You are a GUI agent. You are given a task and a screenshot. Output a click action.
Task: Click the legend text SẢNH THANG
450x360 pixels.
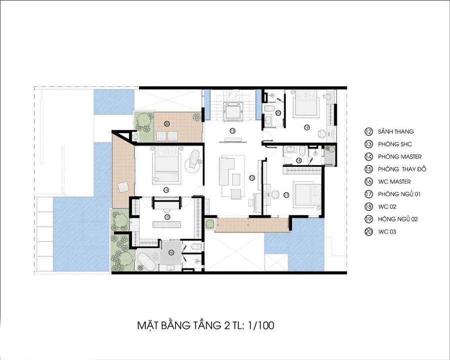pyautogui.click(x=396, y=132)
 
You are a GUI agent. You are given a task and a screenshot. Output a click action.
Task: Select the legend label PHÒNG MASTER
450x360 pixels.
pyautogui.click(x=400, y=156)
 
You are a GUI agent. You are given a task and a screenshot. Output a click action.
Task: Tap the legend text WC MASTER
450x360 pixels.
pyautogui.click(x=394, y=181)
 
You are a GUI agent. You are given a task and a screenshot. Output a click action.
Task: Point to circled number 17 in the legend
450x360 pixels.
pyautogui.click(x=368, y=194)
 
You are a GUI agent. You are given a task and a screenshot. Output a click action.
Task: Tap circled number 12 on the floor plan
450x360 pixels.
pyautogui.click(x=232, y=130)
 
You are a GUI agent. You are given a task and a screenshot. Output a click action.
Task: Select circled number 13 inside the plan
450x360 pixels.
pyautogui.click(x=251, y=178)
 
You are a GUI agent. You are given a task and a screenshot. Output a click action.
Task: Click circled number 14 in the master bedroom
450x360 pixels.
pyautogui.click(x=166, y=190)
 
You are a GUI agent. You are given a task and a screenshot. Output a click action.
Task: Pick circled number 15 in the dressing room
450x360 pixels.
pyautogui.click(x=166, y=216)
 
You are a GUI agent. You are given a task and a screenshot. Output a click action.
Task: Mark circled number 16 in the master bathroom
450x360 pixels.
pyautogui.click(x=171, y=252)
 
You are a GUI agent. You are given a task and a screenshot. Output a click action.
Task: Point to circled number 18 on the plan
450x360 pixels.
pyautogui.click(x=299, y=160)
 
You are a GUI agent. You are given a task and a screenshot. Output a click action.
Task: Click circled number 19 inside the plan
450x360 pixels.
pyautogui.click(x=307, y=127)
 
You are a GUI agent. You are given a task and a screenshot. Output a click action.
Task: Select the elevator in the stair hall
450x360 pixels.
pyautogui.click(x=232, y=111)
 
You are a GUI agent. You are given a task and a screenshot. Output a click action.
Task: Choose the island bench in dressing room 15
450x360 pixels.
pyautogui.click(x=166, y=224)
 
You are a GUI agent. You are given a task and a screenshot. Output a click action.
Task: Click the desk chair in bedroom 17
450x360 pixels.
pyautogui.click(x=275, y=194)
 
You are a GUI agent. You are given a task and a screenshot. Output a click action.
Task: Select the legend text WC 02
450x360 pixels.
pyautogui.click(x=387, y=206)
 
